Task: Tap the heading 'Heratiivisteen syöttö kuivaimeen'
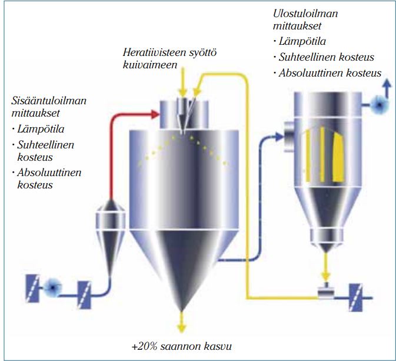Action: coord(170,59)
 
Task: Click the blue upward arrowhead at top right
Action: coord(387,85)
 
